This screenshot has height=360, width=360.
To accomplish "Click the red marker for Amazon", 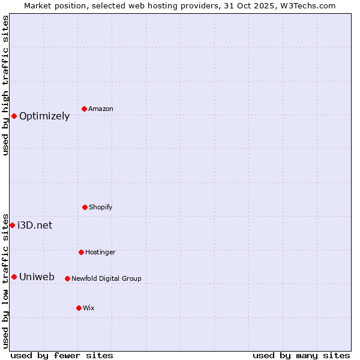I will tap(85, 109).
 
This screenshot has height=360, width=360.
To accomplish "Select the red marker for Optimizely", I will tap(14, 116).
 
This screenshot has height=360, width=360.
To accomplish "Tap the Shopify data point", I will tap(85, 207).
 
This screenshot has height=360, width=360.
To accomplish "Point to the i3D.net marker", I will tap(12, 225).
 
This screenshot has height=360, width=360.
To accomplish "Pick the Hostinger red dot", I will tap(81, 252).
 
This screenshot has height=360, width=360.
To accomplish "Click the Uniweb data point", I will tap(14, 277).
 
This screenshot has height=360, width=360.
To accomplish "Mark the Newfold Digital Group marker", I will tap(67, 278).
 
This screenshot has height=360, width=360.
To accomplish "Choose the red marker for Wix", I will tap(79, 308).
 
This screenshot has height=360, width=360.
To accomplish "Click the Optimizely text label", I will tap(44, 116).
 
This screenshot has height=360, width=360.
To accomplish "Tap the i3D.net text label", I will tap(35, 226).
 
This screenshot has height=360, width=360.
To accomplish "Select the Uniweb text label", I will tap(37, 277).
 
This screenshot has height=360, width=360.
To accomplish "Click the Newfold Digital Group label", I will tap(106, 278).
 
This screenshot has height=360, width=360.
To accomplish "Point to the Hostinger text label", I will tap(100, 253).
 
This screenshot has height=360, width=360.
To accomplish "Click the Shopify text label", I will tap(100, 208).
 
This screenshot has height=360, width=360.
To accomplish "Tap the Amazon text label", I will tap(100, 109).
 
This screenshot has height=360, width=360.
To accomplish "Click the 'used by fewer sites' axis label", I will tap(62, 356).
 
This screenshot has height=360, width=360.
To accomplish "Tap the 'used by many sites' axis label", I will tap(301, 356).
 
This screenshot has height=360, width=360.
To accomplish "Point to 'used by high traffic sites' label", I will tap(5, 85).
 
